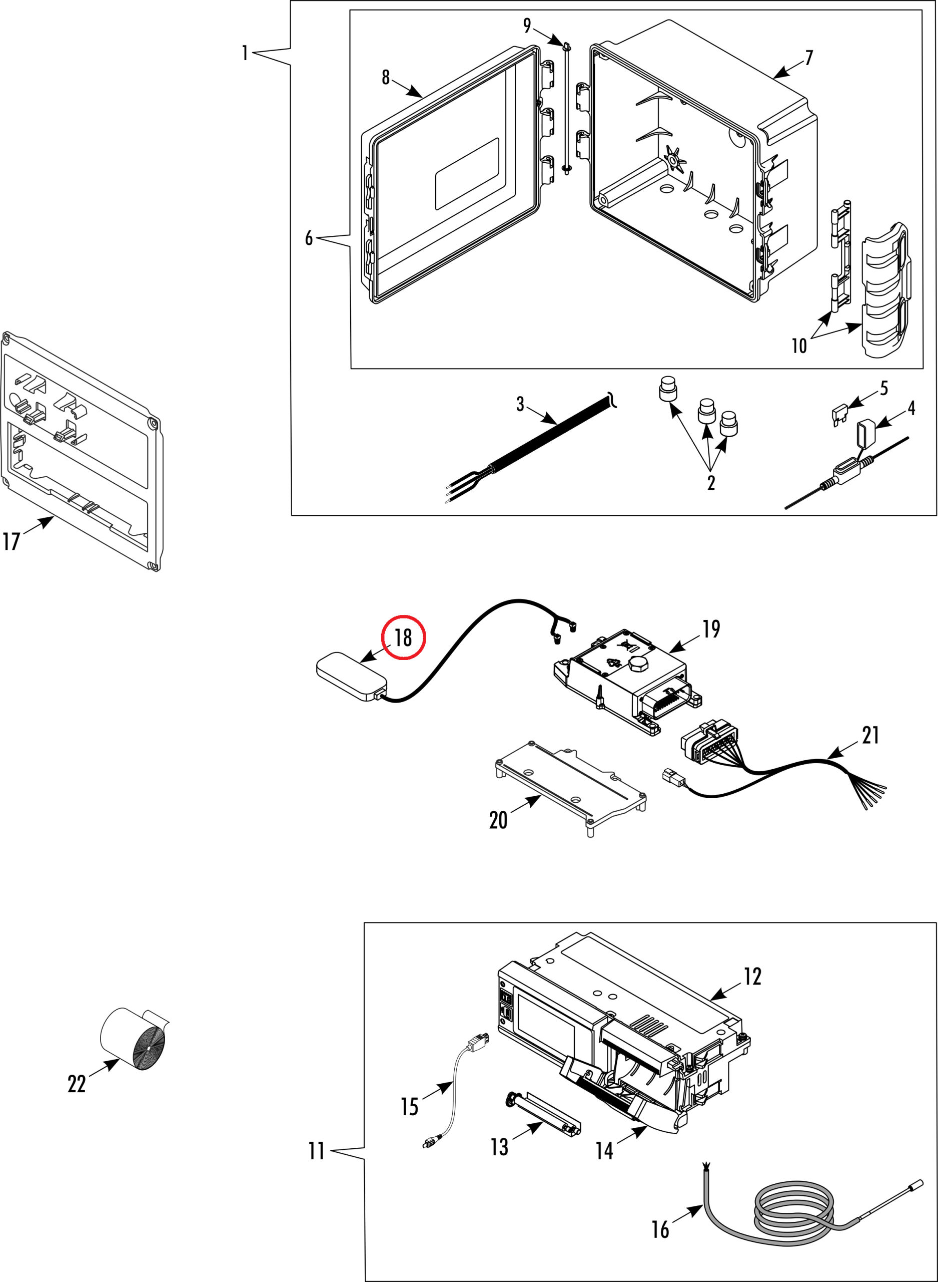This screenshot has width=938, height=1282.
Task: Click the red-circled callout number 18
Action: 403,637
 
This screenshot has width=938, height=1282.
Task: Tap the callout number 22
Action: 77,1084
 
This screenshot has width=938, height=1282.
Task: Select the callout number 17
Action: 12,541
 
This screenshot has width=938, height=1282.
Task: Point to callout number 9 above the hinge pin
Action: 527,26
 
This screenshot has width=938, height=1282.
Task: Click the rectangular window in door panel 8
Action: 467,174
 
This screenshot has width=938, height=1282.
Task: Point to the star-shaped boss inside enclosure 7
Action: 674,159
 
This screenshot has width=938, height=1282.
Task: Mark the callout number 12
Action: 753,977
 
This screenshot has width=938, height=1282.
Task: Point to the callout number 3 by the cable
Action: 520,404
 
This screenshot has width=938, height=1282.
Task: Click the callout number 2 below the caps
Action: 711,483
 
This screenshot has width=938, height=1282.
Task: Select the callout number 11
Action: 317,1151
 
